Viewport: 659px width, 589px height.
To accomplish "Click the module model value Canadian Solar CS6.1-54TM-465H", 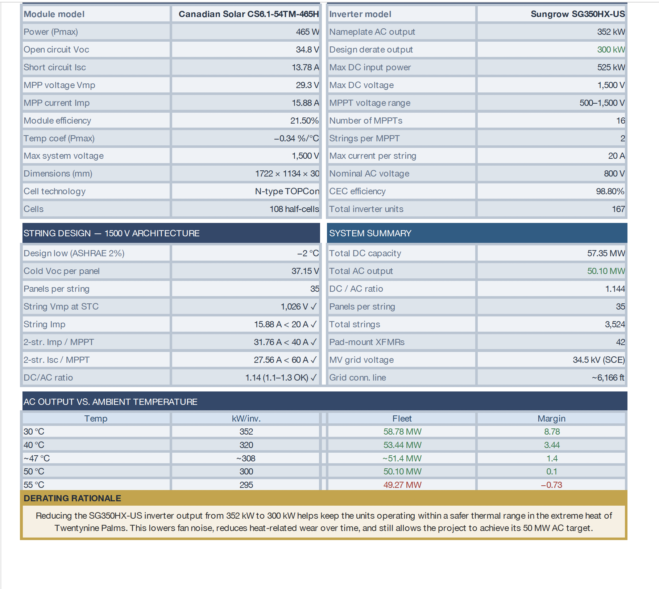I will coord(248,14).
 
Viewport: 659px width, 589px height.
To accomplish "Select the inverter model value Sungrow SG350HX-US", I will coord(577,14).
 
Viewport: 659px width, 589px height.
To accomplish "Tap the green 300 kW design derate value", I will coord(611,50).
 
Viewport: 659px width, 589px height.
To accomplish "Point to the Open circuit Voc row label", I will coord(56,50).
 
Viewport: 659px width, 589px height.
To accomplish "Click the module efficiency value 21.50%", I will coord(304,121).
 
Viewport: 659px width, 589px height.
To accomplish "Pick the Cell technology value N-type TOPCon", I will coord(287,191).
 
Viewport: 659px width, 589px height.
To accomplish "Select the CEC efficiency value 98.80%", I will coord(610,191).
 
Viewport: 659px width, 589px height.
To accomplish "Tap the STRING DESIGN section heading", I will coord(111,233).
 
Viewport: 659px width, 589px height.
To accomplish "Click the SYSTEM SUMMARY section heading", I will coord(370,233).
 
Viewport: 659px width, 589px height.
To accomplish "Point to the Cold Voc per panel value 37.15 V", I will coord(305,271).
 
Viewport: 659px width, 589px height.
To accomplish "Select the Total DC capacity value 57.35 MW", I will coord(606,253).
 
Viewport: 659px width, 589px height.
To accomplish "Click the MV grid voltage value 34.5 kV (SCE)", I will coord(598,360).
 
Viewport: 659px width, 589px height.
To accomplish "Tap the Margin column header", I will coord(551,419).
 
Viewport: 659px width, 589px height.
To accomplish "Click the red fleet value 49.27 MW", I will coord(402,485).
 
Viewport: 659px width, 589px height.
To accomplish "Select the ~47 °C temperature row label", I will coord(37,459).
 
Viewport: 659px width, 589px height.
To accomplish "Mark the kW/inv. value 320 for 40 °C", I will coord(246,445).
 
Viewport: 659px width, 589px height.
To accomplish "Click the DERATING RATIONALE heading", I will coord(72,498).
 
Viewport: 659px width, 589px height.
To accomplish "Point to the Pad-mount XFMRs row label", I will coord(366,342).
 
